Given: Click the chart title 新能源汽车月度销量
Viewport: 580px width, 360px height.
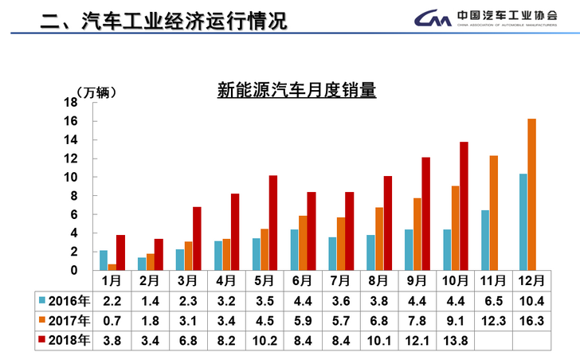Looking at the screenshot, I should [296, 90].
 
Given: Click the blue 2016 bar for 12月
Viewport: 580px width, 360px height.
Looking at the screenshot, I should [522, 221].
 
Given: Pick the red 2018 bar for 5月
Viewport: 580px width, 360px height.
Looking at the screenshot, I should [272, 222].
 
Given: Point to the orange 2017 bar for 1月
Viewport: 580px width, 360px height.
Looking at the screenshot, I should [112, 267].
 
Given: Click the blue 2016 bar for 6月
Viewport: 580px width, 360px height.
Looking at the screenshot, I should [294, 249].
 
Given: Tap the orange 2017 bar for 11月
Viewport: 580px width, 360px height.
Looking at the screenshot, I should [493, 213].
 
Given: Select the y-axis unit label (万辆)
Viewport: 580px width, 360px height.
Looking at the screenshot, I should [96, 92].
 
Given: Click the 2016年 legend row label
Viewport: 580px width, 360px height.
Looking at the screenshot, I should [65, 300].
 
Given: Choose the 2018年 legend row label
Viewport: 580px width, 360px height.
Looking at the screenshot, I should [65, 340].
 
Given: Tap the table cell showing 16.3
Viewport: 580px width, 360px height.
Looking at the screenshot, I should [531, 320].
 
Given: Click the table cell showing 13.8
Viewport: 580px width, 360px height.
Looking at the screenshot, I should [454, 340].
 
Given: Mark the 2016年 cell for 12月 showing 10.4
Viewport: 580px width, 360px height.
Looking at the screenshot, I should [531, 300].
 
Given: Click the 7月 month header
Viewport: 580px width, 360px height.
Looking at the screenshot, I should [340, 280].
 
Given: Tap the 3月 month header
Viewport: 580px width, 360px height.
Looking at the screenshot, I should [187, 280].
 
